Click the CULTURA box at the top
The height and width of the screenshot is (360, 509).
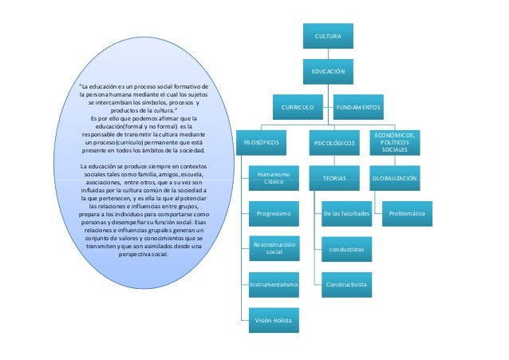(x=328, y=37)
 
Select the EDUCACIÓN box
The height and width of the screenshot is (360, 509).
(x=328, y=72)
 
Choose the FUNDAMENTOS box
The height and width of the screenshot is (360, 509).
(x=358, y=105)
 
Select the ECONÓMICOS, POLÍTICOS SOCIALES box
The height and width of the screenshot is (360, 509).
(x=395, y=142)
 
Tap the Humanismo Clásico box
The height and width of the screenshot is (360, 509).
(x=273, y=178)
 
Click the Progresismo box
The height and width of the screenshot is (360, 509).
(x=273, y=214)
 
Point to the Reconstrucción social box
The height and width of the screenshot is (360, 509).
(x=273, y=248)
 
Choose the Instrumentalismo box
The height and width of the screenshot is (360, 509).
(x=273, y=284)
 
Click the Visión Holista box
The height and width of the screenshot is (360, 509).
(x=273, y=320)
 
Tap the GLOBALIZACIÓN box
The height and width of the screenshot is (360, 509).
(x=395, y=178)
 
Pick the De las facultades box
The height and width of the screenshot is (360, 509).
(x=346, y=214)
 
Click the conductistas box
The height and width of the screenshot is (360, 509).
(x=346, y=249)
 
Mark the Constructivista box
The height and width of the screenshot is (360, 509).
(x=346, y=284)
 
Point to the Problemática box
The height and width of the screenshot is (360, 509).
(x=407, y=214)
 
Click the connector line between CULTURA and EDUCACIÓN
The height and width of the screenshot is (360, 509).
(x=328, y=54)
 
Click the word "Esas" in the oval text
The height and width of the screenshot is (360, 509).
(x=202, y=223)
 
